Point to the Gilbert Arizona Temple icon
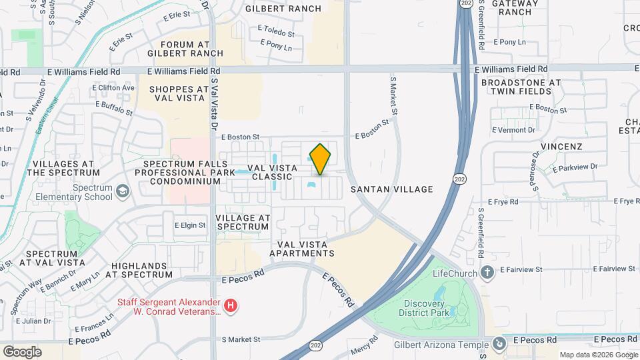(499, 343)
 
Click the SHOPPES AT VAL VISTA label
(179, 93)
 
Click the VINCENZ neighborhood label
(561, 146)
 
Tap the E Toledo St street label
(276, 33)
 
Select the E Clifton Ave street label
(113, 87)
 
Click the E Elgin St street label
(190, 225)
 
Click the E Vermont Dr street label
(513, 130)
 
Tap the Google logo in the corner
(21, 351)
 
